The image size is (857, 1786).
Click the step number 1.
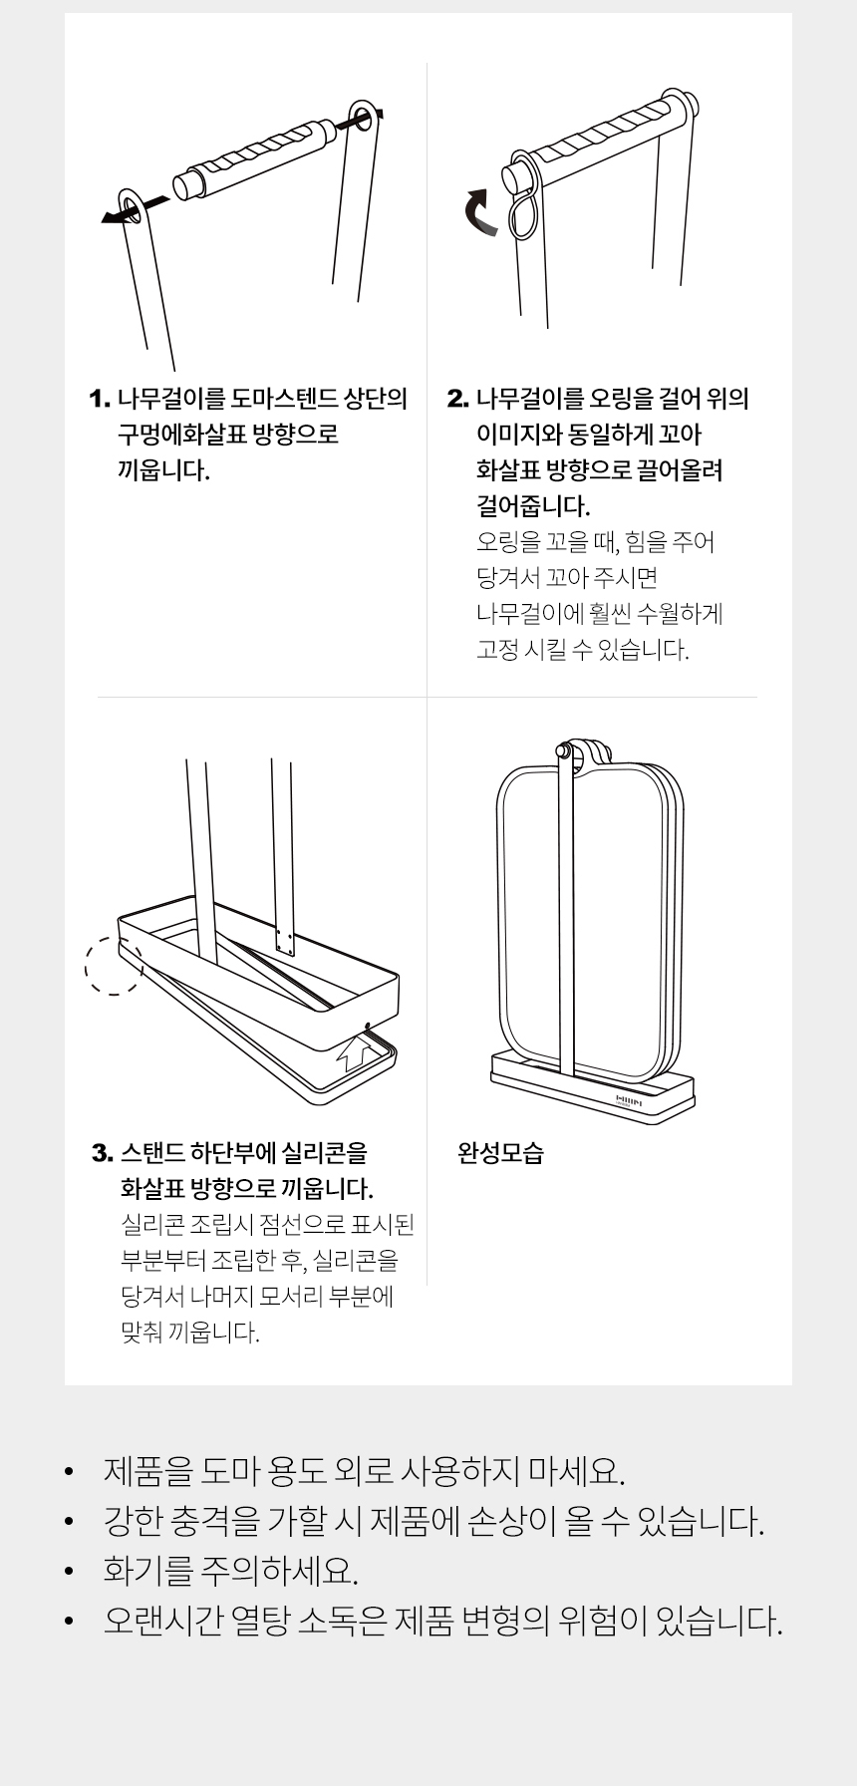99,399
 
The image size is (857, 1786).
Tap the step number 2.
457,399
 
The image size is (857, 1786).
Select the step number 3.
102,1153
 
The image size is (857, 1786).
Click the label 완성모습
500,1153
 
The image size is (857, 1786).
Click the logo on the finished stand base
628,1100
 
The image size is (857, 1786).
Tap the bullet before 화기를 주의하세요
69,1572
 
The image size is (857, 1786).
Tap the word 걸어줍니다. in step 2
534,506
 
